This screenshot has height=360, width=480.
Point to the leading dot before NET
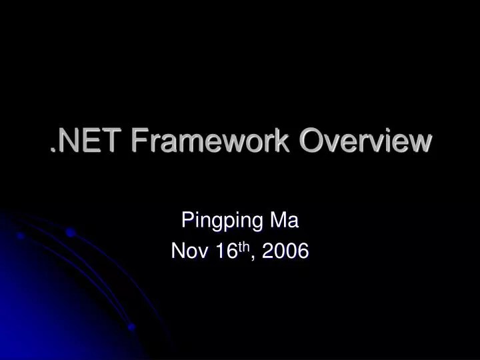point(53,151)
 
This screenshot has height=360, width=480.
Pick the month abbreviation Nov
point(186,251)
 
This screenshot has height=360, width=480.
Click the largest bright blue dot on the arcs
point(70,233)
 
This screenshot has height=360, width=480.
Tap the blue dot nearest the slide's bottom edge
point(131,327)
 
